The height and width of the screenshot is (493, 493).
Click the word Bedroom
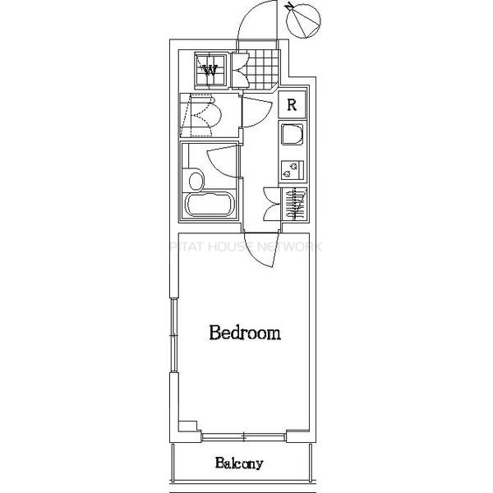(245, 334)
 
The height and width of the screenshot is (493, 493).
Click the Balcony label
(240, 463)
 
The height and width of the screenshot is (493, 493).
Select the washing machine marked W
(211, 69)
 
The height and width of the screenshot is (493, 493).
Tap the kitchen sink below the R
(292, 136)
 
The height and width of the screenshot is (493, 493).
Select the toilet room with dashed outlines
(200, 115)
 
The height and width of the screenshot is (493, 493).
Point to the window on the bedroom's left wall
(173, 337)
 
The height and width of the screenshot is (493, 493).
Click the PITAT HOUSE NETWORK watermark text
(246, 246)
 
